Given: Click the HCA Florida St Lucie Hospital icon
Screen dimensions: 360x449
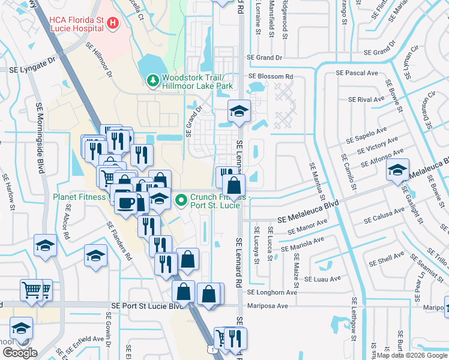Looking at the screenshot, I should (x=112, y=23).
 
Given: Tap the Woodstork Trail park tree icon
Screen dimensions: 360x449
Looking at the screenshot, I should (x=153, y=80).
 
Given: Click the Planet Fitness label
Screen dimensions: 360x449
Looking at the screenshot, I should (x=79, y=196).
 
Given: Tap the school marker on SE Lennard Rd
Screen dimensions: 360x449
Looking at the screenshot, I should (x=239, y=112).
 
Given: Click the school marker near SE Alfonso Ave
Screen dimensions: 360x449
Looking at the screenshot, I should (x=397, y=170).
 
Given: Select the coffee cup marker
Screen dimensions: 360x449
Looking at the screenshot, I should (x=125, y=203).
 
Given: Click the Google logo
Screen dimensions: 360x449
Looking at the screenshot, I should (x=19, y=353).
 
